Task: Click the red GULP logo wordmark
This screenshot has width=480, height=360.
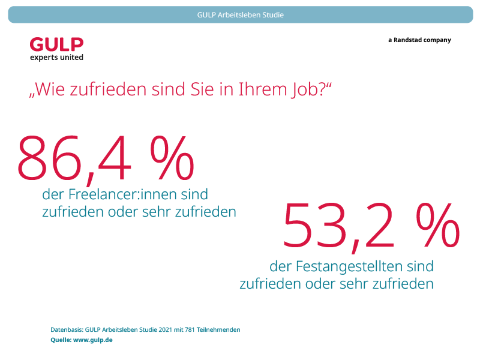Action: (57, 45)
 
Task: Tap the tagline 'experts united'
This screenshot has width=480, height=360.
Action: (57, 57)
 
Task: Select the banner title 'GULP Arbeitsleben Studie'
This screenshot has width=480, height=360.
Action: (240, 15)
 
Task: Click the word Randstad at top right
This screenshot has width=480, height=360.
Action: (408, 40)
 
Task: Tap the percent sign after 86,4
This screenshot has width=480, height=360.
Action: (172, 158)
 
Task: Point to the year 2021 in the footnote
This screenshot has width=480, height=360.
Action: (165, 330)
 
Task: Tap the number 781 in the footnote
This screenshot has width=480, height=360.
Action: (190, 330)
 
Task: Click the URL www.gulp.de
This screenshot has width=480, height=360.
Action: (93, 340)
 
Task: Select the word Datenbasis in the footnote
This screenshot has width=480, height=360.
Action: (67, 330)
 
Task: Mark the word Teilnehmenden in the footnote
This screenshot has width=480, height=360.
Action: (218, 330)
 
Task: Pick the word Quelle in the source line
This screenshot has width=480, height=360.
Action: (61, 340)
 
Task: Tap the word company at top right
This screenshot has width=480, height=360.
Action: (437, 40)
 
